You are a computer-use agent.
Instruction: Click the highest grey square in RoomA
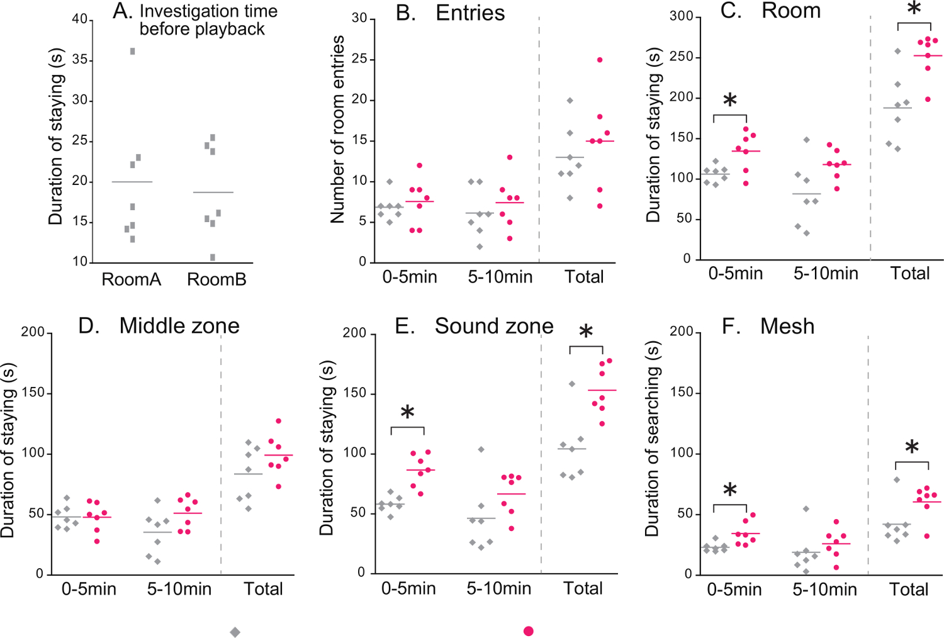click(x=132, y=52)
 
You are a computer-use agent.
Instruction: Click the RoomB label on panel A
click(x=216, y=280)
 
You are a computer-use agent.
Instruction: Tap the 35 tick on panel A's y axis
click(x=80, y=60)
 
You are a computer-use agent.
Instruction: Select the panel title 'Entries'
click(x=470, y=13)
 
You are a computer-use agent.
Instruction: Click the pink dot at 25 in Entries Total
click(x=600, y=60)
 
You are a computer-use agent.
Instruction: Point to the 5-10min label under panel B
click(x=500, y=277)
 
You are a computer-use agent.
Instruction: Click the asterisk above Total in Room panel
click(x=914, y=9)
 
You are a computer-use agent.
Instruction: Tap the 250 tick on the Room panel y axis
click(x=681, y=57)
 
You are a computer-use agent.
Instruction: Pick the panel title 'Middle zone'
click(x=179, y=326)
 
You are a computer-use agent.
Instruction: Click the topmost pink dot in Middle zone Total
click(x=278, y=421)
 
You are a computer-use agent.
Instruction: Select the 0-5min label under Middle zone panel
click(x=89, y=590)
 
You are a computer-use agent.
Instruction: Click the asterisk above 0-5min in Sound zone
click(x=407, y=413)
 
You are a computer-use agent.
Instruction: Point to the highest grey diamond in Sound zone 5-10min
click(x=481, y=449)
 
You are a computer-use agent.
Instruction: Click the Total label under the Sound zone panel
click(x=583, y=589)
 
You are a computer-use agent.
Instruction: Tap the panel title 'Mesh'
click(x=787, y=327)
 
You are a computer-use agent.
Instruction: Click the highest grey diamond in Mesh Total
click(x=897, y=480)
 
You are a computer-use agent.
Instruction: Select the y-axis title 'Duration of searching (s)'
click(x=652, y=439)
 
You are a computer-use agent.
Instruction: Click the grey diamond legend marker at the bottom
click(x=235, y=632)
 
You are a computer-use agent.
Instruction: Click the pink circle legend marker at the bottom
click(x=529, y=631)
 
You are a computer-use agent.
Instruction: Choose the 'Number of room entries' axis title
click(x=338, y=130)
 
